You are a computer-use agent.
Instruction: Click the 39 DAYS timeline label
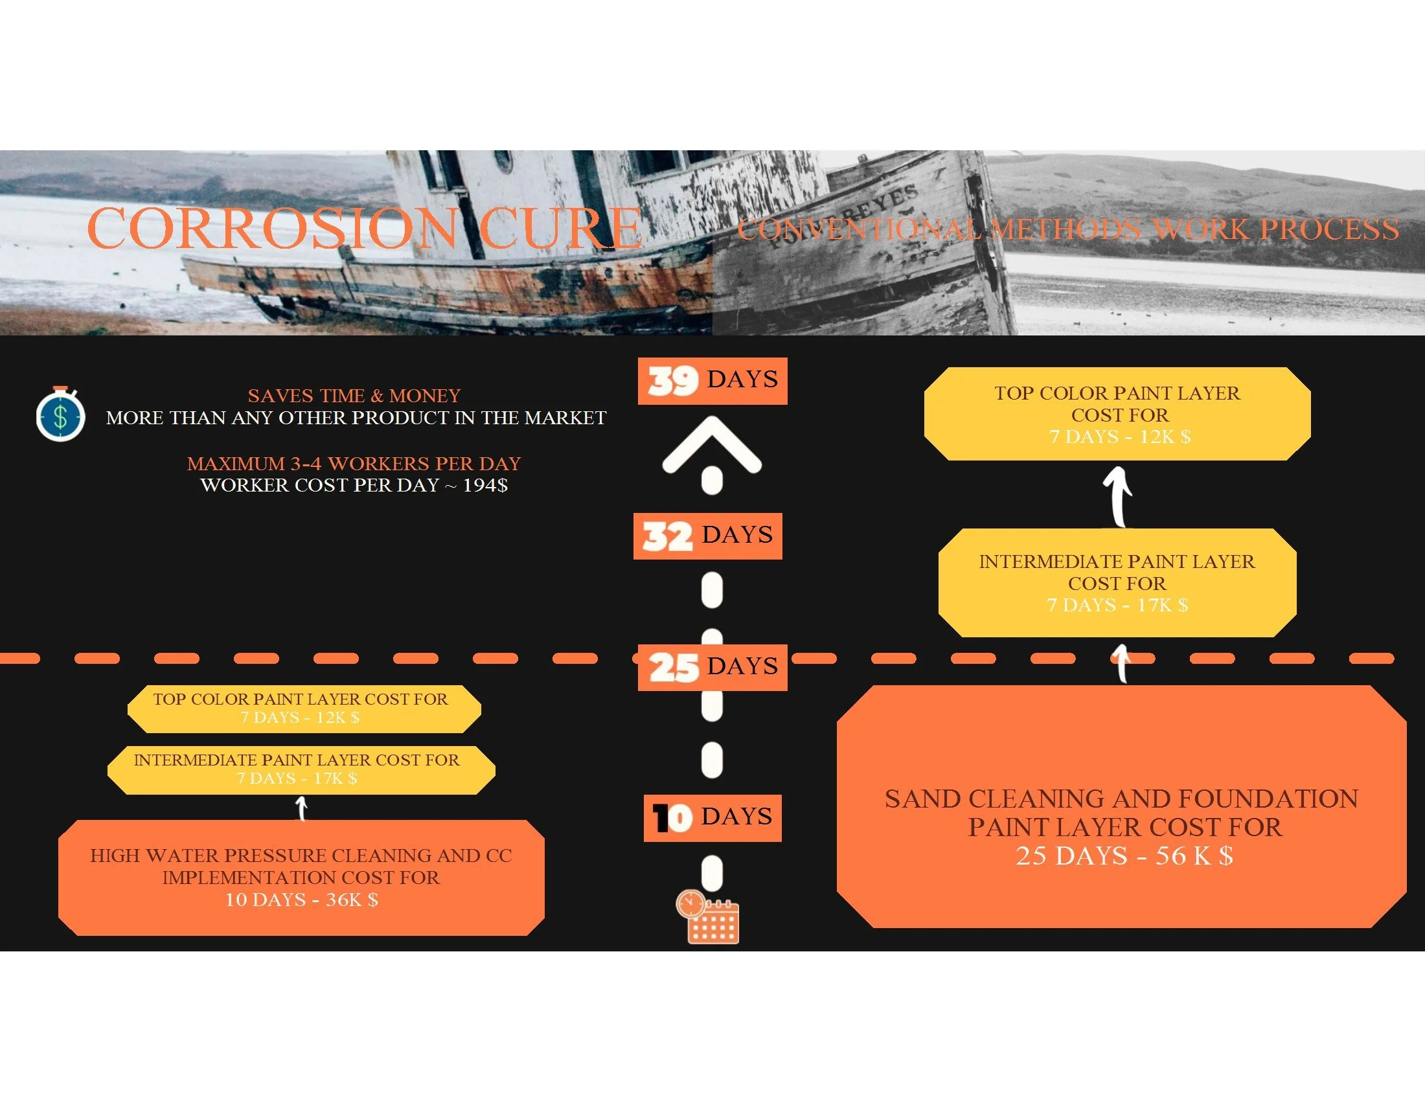pyautogui.click(x=712, y=381)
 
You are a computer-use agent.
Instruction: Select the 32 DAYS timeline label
pyautogui.click(x=708, y=536)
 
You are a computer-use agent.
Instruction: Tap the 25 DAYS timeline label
pyautogui.click(x=712, y=667)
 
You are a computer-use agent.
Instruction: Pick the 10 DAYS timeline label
pyautogui.click(x=712, y=818)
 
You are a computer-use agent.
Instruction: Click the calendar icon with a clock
pyautogui.click(x=708, y=916)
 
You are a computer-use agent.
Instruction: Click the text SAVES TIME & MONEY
pyautogui.click(x=354, y=396)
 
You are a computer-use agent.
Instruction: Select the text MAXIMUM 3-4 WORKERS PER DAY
pyautogui.click(x=354, y=464)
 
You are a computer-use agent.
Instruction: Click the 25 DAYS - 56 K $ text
pyautogui.click(x=1124, y=856)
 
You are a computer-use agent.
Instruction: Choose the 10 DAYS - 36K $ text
pyautogui.click(x=301, y=900)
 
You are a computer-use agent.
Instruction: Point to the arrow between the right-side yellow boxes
pyautogui.click(x=1119, y=497)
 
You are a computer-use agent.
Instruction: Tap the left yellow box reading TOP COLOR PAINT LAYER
pyautogui.click(x=304, y=709)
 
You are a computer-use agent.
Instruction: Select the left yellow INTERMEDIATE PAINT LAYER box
pyautogui.click(x=301, y=769)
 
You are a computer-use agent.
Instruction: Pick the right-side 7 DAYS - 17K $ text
pyautogui.click(x=1117, y=606)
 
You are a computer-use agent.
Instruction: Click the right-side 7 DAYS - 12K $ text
pyautogui.click(x=1120, y=437)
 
